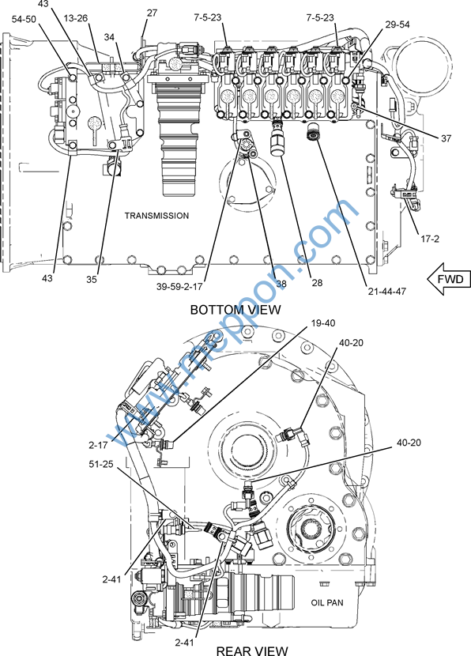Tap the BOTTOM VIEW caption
(236, 310)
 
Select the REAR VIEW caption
(252, 650)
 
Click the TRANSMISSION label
(156, 216)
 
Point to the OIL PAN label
(327, 602)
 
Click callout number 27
(152, 13)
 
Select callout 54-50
(24, 19)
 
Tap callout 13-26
(76, 18)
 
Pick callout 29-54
(398, 25)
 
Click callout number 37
(446, 138)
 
